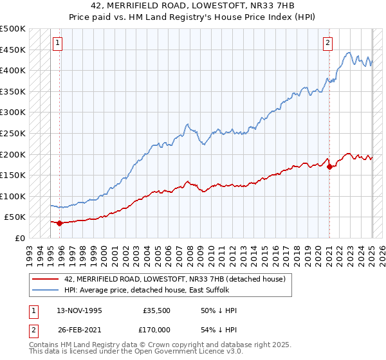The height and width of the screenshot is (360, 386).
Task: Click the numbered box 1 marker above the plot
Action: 57,43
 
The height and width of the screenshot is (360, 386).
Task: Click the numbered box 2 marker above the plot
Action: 327,43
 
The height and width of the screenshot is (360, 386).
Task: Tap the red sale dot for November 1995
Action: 60,224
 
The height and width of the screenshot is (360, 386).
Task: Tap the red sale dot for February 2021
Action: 329,166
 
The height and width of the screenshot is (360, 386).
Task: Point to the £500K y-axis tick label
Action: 13,29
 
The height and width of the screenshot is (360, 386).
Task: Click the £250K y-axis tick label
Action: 13,133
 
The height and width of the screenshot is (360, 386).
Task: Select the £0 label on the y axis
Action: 19,238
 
